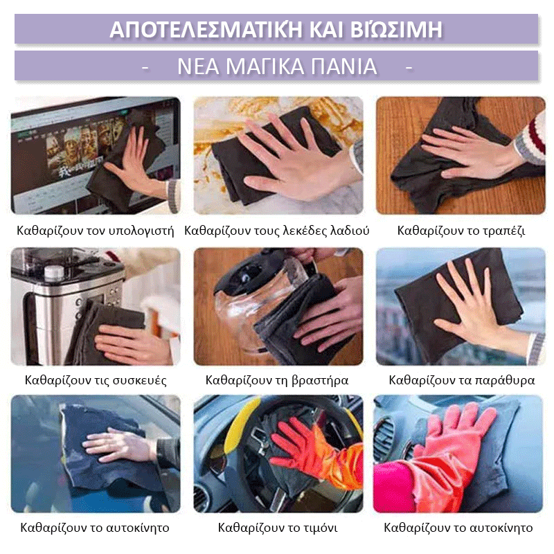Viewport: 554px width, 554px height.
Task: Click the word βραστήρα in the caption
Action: click(319, 380)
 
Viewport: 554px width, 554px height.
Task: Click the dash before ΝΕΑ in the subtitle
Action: click(145, 67)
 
